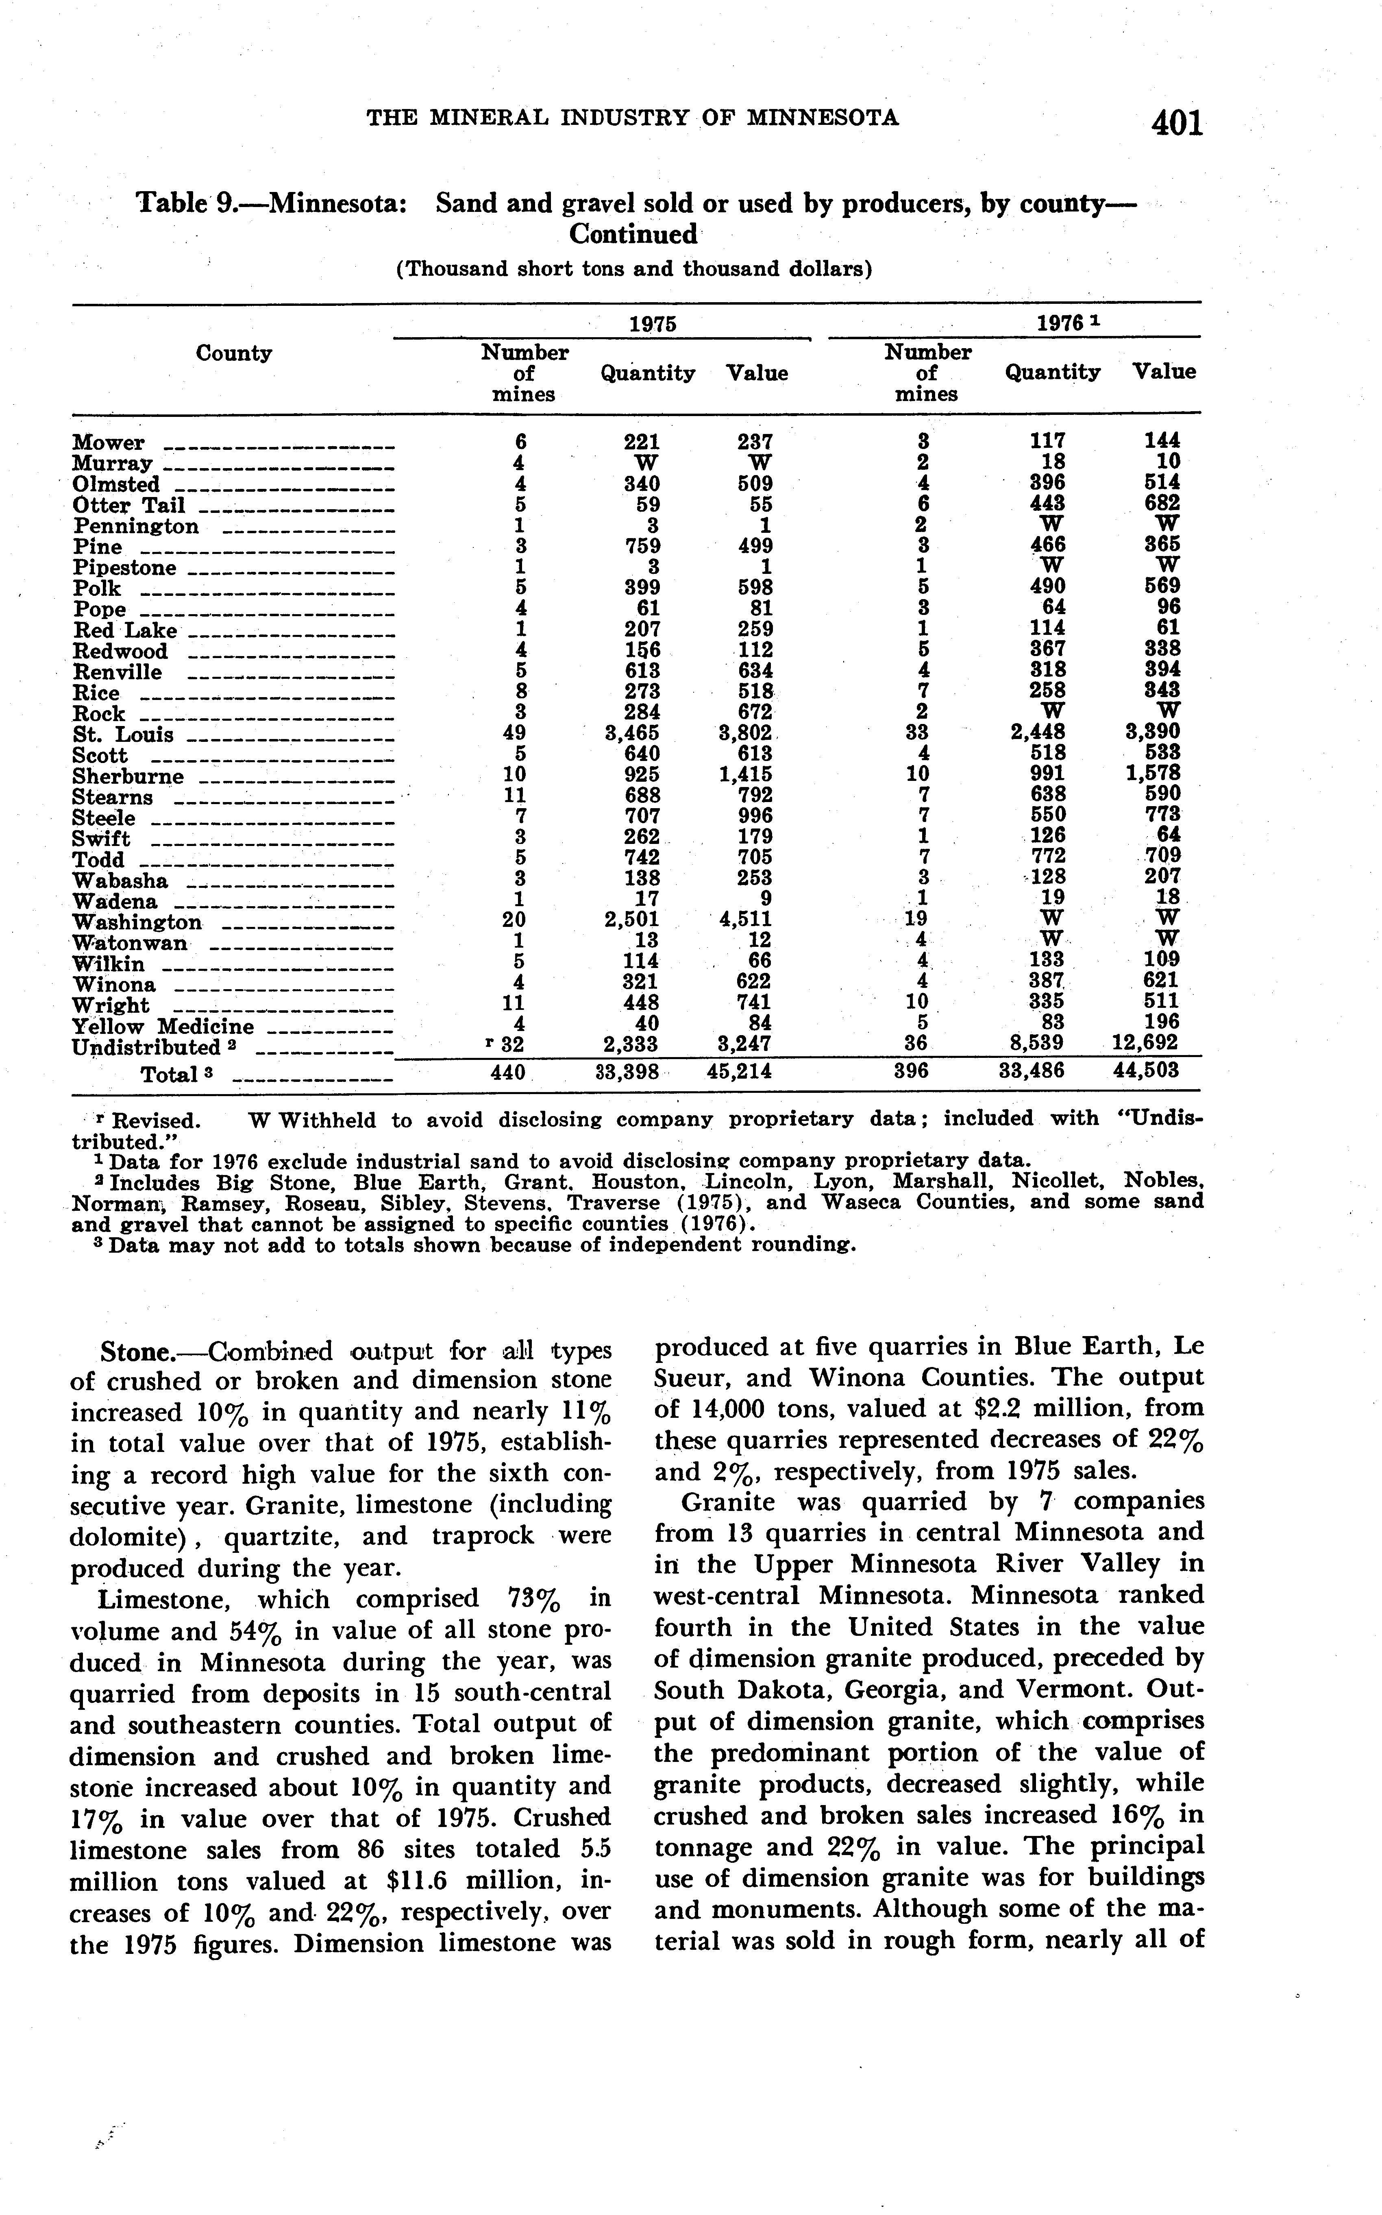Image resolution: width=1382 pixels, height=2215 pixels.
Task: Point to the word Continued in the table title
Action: (x=633, y=235)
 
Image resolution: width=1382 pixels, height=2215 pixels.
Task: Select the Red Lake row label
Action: (x=125, y=631)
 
